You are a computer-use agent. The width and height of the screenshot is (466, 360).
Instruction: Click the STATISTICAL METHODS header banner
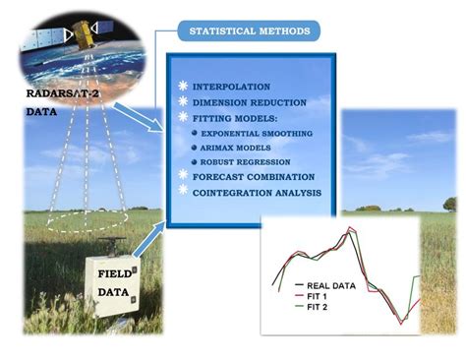249,31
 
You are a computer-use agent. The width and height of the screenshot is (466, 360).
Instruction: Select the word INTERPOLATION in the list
231,87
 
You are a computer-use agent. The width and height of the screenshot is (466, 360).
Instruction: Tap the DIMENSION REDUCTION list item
250,102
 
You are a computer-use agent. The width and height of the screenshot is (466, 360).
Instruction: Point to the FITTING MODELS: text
235,118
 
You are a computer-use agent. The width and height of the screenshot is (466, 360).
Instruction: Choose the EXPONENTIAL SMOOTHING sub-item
257,134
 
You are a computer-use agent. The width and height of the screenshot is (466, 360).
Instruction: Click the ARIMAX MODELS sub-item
235,148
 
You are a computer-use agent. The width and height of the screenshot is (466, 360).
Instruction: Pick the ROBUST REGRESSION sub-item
245,162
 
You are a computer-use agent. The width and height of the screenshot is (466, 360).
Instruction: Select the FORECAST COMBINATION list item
254,177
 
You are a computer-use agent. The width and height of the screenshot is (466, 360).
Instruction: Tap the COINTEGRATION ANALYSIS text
257,193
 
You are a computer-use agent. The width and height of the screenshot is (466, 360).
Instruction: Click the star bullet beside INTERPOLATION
183,86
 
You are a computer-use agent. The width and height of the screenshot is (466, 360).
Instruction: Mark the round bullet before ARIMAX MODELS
194,148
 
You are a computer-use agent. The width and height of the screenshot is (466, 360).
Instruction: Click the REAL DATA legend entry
325,286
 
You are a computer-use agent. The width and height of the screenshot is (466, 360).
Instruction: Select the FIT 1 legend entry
311,296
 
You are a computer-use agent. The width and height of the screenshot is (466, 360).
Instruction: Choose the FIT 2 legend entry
312,307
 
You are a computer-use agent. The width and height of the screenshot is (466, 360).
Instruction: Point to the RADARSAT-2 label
62,93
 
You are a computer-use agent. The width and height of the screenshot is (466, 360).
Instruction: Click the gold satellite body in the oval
83,33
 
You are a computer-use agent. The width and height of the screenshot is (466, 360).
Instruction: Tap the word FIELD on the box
114,273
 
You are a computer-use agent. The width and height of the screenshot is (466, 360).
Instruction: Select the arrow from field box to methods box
149,239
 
